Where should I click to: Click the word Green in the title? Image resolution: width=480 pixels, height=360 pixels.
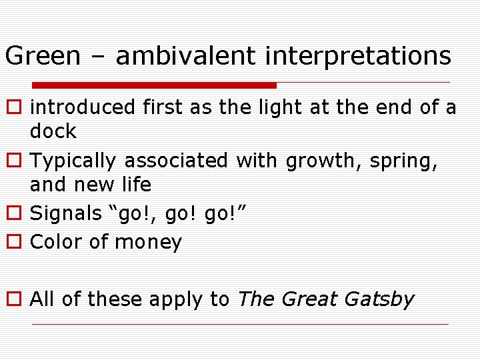[43, 56]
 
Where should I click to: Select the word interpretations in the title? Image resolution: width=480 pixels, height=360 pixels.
[358, 57]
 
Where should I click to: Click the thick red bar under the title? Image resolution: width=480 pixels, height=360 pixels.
[155, 85]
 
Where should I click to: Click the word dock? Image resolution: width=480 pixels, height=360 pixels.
[53, 131]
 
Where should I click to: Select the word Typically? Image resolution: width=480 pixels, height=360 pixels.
[75, 161]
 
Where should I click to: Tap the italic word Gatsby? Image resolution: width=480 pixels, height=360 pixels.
[379, 300]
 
